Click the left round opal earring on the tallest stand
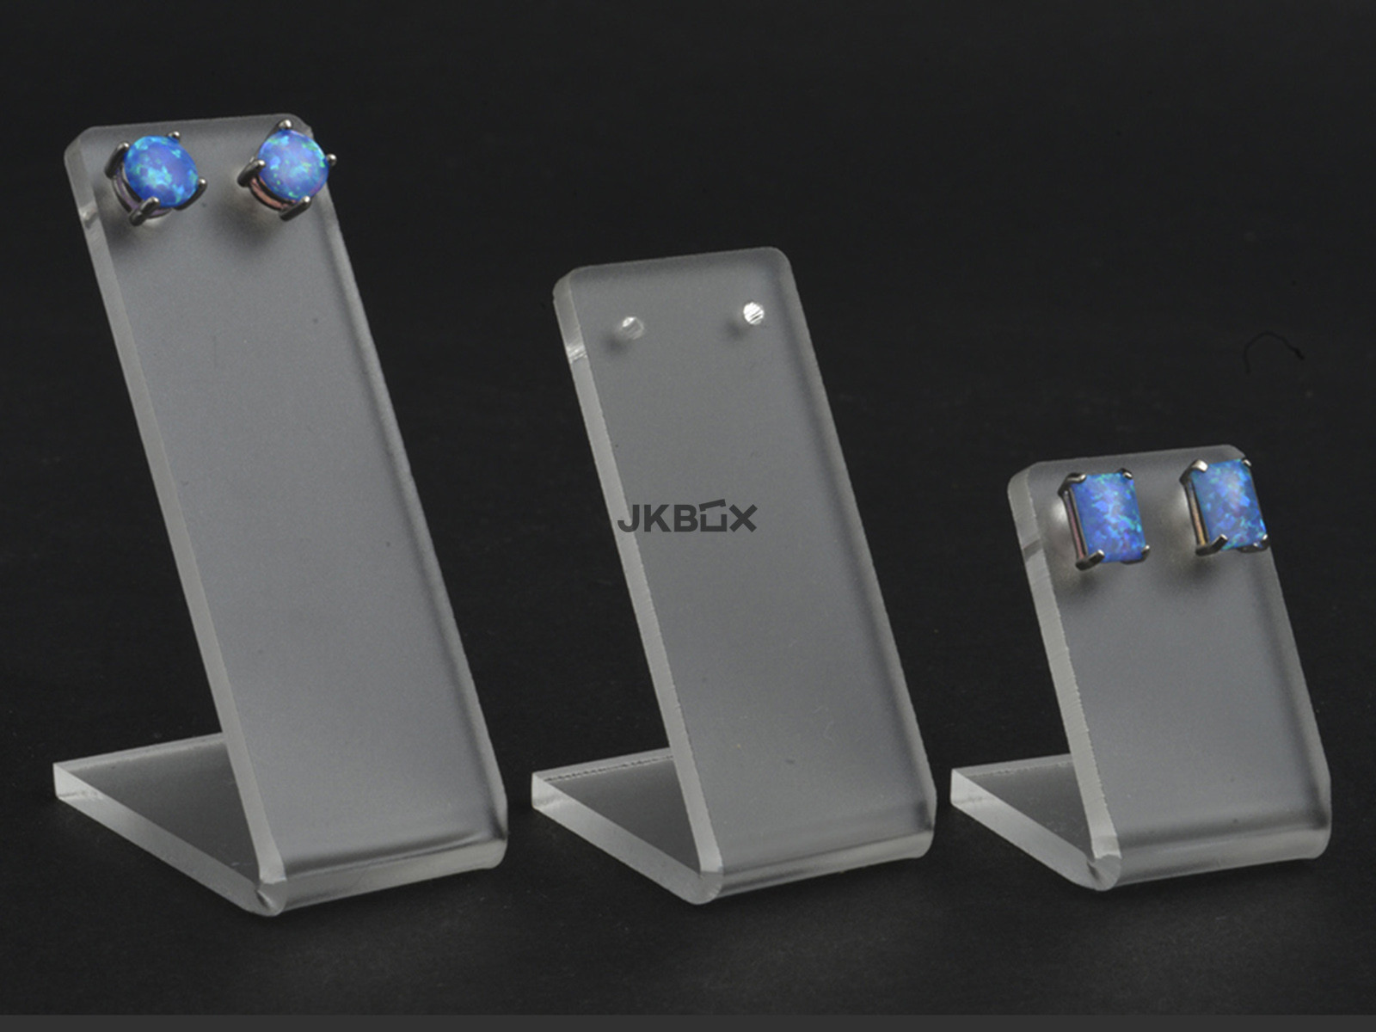157,176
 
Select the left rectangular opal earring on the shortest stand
1104,519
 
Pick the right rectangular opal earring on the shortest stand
1225,507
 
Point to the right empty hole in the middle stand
752,313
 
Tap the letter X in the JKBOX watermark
742,519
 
